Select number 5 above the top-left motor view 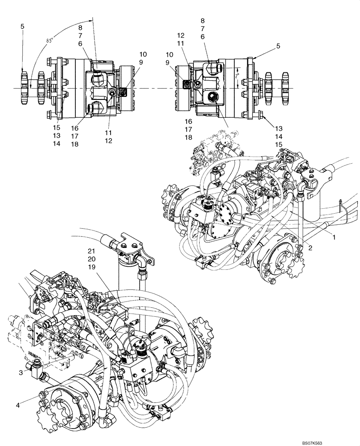pos(22,27)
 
